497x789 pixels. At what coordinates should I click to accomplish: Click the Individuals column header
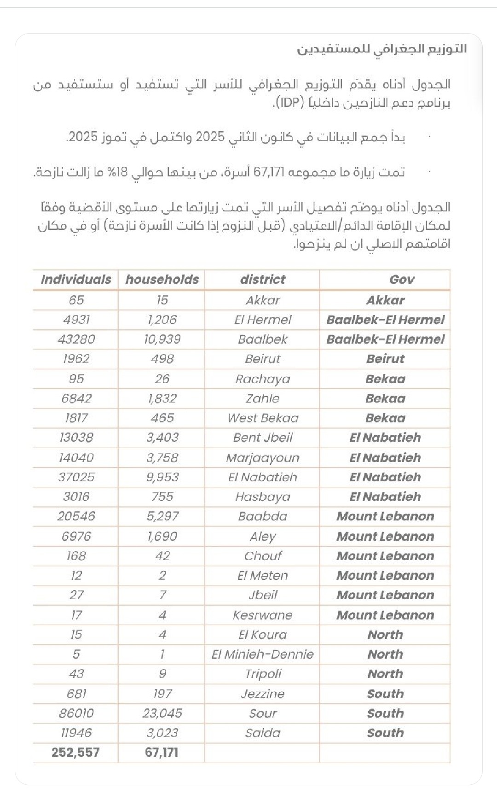click(x=76, y=280)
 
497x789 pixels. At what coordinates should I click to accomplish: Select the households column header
click(x=162, y=280)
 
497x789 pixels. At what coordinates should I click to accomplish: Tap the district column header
click(x=263, y=280)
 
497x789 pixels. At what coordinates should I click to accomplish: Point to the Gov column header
click(x=402, y=280)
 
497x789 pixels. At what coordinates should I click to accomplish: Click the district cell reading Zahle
click(x=263, y=398)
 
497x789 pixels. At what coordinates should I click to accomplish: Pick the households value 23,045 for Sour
click(x=162, y=713)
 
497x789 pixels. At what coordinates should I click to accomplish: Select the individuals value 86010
click(x=76, y=713)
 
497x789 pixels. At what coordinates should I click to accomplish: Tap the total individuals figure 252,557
click(x=75, y=753)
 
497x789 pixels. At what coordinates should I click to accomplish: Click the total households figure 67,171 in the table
click(x=162, y=753)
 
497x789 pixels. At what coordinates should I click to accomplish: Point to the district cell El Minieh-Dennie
click(x=263, y=655)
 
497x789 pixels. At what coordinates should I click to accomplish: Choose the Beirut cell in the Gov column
click(x=385, y=359)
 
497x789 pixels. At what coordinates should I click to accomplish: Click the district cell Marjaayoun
click(x=263, y=458)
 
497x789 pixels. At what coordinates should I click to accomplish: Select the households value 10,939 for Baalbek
click(x=162, y=339)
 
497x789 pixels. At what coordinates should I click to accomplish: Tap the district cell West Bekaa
click(x=263, y=418)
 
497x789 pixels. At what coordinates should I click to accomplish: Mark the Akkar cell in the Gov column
click(x=385, y=300)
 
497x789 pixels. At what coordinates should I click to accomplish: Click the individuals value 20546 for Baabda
click(x=76, y=516)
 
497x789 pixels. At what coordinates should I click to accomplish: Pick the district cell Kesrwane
click(x=263, y=615)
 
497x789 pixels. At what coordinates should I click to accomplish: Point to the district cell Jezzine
click(x=263, y=694)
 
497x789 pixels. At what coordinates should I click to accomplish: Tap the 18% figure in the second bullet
click(x=118, y=173)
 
